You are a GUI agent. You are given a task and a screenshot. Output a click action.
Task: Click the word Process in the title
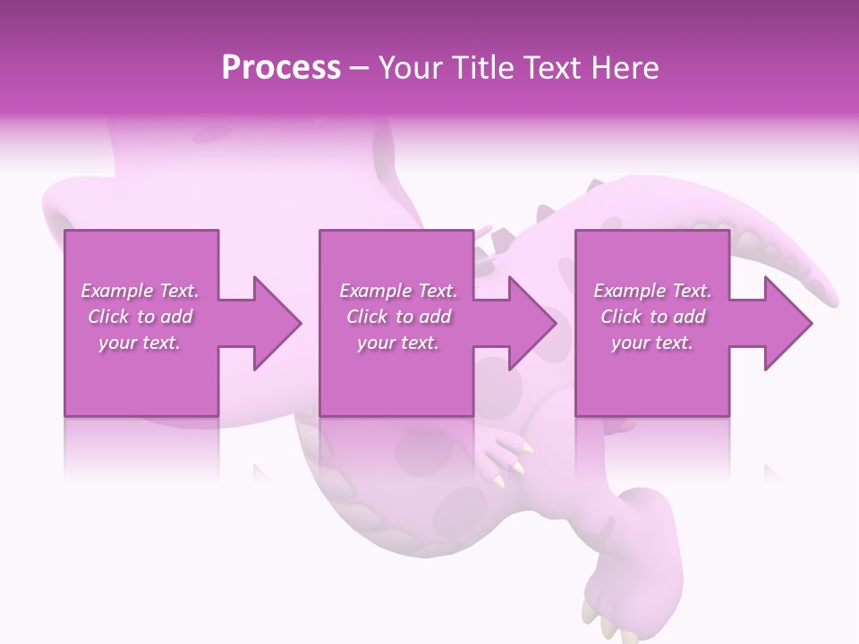tap(281, 68)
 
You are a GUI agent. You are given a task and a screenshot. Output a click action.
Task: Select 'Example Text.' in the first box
tap(140, 291)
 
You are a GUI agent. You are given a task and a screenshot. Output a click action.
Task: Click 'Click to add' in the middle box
tap(398, 317)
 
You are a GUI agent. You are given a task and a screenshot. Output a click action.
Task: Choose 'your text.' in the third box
tap(652, 343)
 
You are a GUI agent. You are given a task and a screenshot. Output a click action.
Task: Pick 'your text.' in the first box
tap(140, 343)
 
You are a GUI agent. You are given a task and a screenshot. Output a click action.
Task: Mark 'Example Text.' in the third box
tap(652, 291)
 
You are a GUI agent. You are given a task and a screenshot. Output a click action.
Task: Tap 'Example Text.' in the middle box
tap(398, 291)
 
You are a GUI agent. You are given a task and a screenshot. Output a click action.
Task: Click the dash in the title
tap(359, 68)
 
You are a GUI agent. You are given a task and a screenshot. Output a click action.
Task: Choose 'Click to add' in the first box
tap(140, 317)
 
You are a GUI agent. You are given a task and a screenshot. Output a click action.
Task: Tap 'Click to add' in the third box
tap(652, 317)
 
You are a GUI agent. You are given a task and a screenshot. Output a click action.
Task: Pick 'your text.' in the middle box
tap(398, 343)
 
